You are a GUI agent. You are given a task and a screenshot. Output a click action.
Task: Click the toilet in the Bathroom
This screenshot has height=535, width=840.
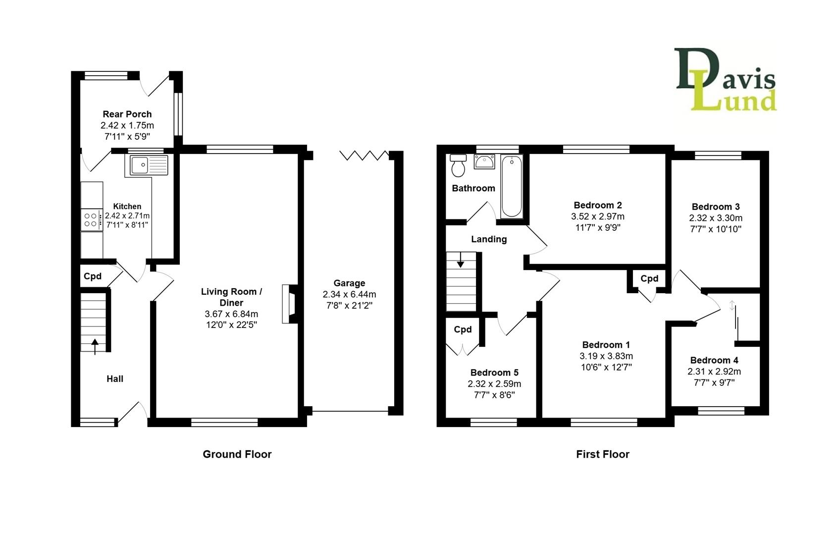(x=458, y=166)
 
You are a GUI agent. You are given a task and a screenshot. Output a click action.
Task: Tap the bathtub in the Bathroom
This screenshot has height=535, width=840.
(x=512, y=186)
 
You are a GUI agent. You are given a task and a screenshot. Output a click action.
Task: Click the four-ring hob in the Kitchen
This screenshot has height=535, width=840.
(x=91, y=219)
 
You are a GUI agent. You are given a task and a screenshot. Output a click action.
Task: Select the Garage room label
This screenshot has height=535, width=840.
(x=349, y=283)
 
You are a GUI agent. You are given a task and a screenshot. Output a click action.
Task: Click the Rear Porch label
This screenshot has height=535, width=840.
(x=127, y=114)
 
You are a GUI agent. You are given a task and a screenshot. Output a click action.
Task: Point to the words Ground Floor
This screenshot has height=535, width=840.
(x=237, y=454)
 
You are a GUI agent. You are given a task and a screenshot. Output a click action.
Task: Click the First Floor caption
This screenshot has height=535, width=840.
(x=602, y=454)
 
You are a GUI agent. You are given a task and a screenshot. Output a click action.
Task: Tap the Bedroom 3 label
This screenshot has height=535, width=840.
(x=715, y=207)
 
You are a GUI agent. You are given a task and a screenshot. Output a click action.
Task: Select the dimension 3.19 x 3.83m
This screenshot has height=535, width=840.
(x=606, y=356)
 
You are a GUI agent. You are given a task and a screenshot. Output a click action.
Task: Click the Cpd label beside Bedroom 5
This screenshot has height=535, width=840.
(x=463, y=329)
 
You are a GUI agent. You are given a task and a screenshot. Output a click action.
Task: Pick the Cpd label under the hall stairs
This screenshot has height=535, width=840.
(x=93, y=276)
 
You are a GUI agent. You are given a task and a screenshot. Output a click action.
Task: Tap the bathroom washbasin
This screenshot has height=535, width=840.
(x=484, y=161)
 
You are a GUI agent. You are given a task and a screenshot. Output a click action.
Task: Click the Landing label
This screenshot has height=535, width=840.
(x=488, y=239)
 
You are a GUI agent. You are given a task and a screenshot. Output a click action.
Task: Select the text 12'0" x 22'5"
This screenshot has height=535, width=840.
(x=231, y=325)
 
